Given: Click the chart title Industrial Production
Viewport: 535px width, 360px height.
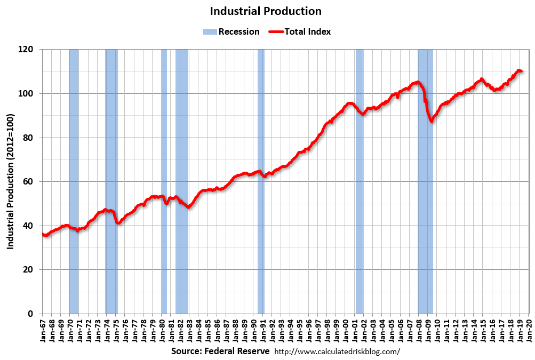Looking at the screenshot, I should (265, 11).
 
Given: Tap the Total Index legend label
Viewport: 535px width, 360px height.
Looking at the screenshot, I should (307, 31).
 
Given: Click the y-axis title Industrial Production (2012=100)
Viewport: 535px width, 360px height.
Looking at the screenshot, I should (11, 181).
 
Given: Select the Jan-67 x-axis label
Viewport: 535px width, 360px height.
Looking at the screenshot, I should (43, 330).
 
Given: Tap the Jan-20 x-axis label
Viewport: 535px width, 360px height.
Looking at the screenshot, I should (529, 330).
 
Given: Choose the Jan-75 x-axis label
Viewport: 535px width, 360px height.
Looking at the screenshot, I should (116, 330).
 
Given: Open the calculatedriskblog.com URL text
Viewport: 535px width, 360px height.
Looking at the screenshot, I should (337, 352).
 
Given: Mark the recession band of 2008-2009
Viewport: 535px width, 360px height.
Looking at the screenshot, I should (425, 213).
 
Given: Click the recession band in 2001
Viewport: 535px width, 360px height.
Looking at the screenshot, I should (359, 213).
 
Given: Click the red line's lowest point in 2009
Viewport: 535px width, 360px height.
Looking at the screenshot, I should (432, 122).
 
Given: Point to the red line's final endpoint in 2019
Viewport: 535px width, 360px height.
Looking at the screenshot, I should (521, 71).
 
